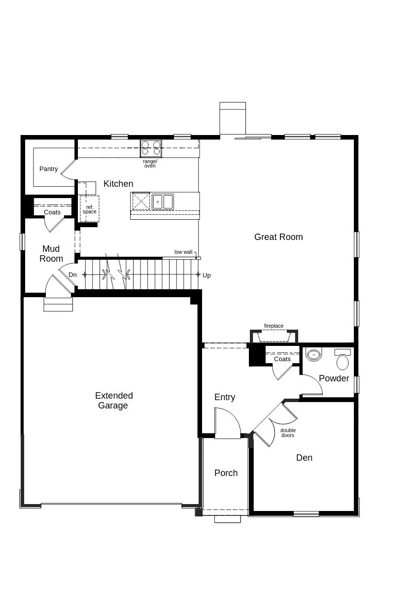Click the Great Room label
pos(278,237)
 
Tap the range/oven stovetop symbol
pos(151,148)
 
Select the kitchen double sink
pos(163,202)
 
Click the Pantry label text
pos(48,169)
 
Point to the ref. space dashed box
pos(90,209)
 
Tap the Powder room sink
pos(313,354)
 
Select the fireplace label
pos(274,326)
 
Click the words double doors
pos(288,433)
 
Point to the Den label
pos(304,458)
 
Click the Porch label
pos(226,473)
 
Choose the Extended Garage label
pos(113,401)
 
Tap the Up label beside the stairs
pos(207,275)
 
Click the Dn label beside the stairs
pos(72,275)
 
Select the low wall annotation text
pos(183,252)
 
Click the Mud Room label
pos(51,254)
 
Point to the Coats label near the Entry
pos(282,359)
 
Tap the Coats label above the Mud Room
pos(52,212)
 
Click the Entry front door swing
pos(228,424)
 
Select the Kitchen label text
pos(118,184)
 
